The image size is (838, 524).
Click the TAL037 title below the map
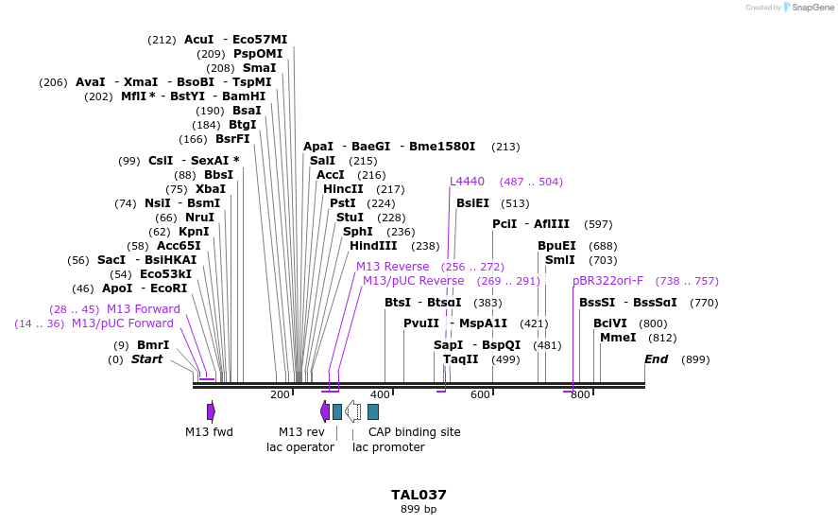click(x=419, y=495)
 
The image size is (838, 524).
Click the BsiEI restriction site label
click(x=473, y=203)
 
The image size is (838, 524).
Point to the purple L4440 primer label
click(x=467, y=182)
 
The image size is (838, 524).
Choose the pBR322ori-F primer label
click(x=608, y=281)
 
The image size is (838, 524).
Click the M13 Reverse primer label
click(x=392, y=267)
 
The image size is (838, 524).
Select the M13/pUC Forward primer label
click(x=123, y=323)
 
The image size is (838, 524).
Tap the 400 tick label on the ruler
click(x=380, y=394)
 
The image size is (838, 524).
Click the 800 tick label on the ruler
click(x=580, y=394)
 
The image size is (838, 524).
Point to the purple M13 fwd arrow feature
click(x=211, y=411)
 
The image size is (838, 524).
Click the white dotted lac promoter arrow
click(x=352, y=411)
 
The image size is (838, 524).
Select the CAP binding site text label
click(x=415, y=432)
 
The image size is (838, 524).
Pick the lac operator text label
click(x=300, y=447)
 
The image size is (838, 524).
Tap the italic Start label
click(x=146, y=359)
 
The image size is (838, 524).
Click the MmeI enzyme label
click(x=618, y=338)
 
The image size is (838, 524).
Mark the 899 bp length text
click(x=419, y=510)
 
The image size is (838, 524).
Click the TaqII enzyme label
click(x=461, y=359)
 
